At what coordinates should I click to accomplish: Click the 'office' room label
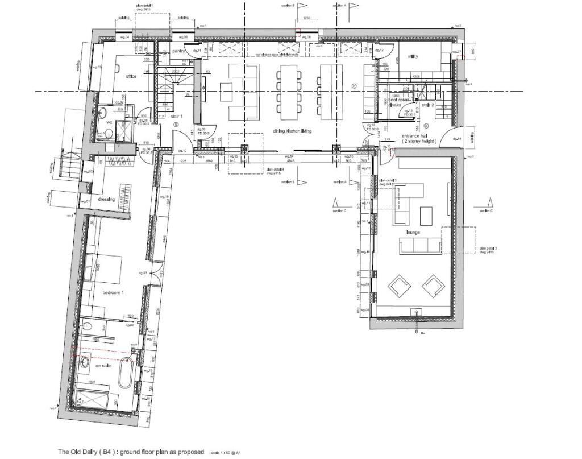[x=131, y=76]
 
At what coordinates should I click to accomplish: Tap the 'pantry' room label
[x=180, y=51]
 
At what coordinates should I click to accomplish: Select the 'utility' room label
[x=413, y=57]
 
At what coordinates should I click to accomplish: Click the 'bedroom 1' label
[x=113, y=292]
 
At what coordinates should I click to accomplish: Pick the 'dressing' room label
[x=106, y=199]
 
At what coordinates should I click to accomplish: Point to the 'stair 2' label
[x=427, y=105]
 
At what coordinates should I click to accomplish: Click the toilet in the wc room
[x=107, y=134]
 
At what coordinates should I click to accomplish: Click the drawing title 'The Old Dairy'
[x=130, y=452]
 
